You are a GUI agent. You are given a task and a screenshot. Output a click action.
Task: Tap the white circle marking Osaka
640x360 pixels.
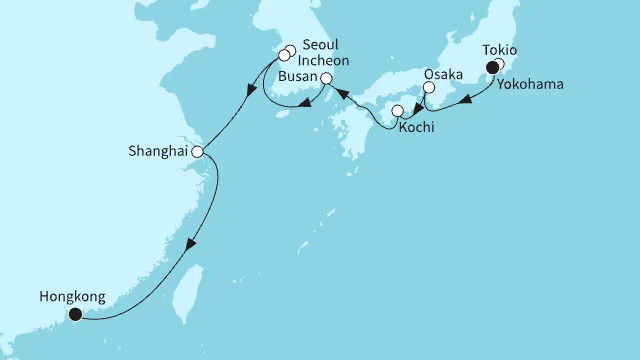429,88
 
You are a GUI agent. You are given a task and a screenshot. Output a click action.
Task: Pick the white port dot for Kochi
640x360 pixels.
398,111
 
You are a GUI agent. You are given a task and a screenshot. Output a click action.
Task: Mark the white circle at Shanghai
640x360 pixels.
197,152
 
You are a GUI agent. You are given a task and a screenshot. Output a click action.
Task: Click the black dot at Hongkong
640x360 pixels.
75,314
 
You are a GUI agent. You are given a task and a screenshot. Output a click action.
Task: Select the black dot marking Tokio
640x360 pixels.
491,67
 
